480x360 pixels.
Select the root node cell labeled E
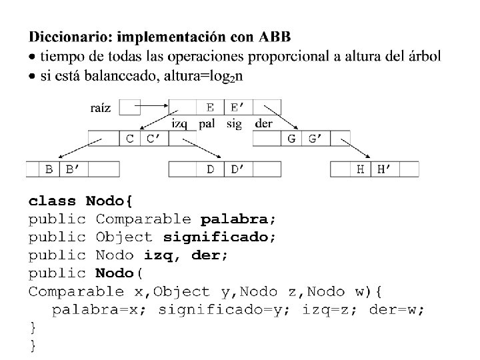point(210,107)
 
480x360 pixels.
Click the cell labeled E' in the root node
point(238,107)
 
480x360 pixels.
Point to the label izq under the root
point(179,123)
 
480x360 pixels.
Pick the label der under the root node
point(263,123)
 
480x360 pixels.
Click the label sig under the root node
point(235,123)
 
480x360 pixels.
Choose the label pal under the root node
point(207,123)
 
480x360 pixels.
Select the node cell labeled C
point(130,138)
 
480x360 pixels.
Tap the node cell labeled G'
point(315,138)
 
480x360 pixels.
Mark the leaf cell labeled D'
point(238,169)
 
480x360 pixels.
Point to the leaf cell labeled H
point(361,169)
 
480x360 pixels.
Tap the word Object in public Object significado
point(124,237)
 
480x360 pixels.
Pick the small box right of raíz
point(130,107)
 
